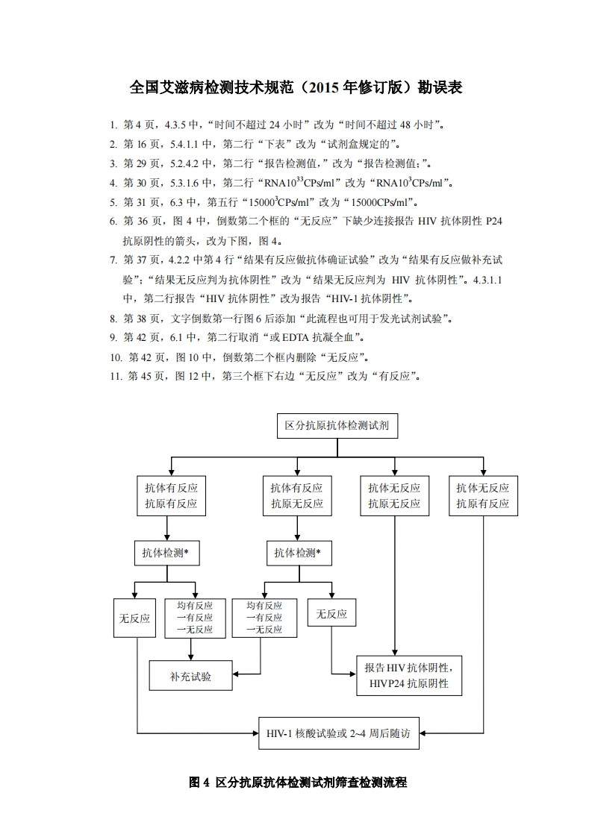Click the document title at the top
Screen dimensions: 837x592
[x=296, y=87]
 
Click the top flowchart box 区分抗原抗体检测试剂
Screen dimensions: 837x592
[x=337, y=427]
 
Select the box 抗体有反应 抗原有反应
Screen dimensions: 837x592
[x=171, y=495]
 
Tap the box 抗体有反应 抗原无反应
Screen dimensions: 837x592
[x=296, y=495]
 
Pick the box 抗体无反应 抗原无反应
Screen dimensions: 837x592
[x=393, y=495]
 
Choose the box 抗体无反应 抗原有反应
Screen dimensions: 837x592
[x=483, y=495]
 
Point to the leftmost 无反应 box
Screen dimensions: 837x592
[x=134, y=618]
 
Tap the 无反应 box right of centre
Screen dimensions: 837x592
[x=331, y=614]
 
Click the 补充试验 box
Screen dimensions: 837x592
[x=190, y=677]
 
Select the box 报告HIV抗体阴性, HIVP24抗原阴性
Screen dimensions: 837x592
[x=408, y=675]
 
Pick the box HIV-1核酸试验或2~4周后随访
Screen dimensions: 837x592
[x=338, y=733]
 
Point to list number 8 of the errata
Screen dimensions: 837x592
[x=113, y=319]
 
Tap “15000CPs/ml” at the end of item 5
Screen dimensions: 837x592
[x=378, y=202]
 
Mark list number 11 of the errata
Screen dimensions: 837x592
[x=116, y=376]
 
